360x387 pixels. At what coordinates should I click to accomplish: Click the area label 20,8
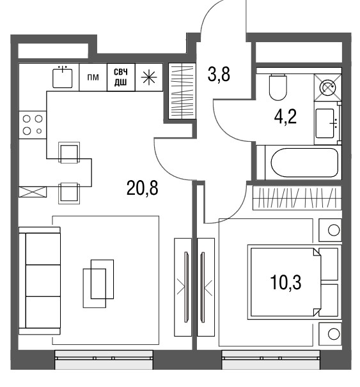tap(142, 188)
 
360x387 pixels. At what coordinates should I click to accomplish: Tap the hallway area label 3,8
tap(219, 74)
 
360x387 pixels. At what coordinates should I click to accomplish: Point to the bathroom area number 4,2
tap(285, 117)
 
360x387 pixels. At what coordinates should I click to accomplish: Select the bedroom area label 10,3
tap(286, 282)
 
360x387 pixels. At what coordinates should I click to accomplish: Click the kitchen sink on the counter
tap(63, 77)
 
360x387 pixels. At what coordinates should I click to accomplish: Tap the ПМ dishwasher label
tap(93, 77)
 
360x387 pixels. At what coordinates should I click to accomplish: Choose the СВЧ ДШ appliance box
tap(121, 77)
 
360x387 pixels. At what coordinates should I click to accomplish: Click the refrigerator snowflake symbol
tap(149, 77)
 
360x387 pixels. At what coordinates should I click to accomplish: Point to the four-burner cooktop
tap(33, 125)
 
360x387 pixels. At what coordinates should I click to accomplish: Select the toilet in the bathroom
tap(278, 87)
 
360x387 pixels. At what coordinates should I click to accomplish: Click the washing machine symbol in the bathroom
tap(327, 87)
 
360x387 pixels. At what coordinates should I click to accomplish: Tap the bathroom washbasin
tap(326, 123)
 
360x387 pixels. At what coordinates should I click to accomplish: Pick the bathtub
tap(304, 162)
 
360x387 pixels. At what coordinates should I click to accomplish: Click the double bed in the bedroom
tap(295, 282)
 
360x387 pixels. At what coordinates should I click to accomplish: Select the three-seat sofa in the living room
tap(40, 281)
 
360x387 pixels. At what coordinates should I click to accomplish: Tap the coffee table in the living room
tap(98, 284)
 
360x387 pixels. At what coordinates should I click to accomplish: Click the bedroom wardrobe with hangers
tap(297, 198)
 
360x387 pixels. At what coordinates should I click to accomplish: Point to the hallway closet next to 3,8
tap(182, 91)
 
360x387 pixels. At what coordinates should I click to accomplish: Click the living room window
tap(104, 360)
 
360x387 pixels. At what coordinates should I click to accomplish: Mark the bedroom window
tap(271, 360)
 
